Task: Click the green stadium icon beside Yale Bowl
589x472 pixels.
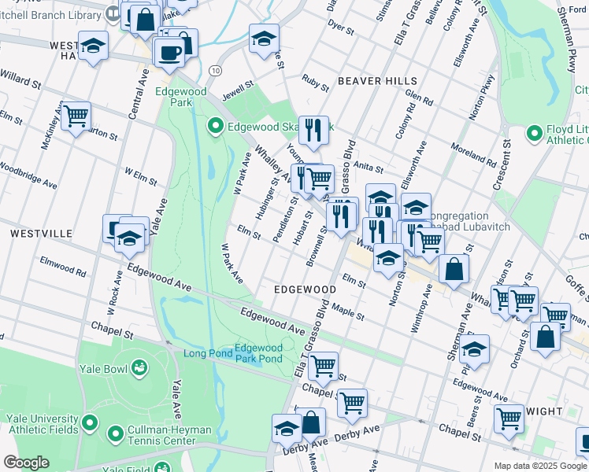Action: click(x=139, y=367)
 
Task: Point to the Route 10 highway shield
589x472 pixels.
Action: click(x=214, y=71)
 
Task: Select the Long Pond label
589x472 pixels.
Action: click(x=208, y=353)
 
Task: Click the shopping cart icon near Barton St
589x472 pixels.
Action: click(x=76, y=116)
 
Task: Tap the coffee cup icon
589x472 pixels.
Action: click(x=169, y=52)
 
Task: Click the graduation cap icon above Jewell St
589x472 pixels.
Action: click(x=264, y=37)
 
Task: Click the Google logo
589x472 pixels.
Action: click(x=26, y=463)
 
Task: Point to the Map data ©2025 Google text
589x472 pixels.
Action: click(x=540, y=466)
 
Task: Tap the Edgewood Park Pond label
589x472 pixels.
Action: click(x=259, y=353)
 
